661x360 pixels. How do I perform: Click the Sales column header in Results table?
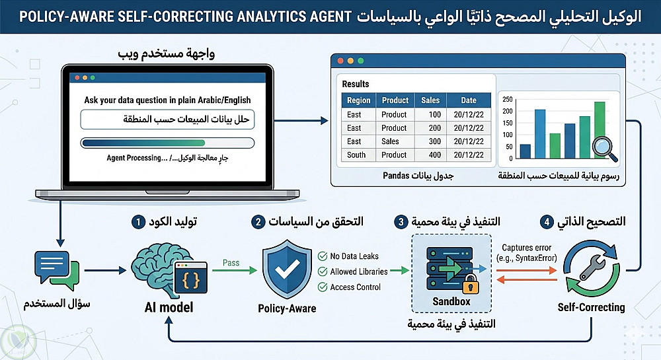pyautogui.click(x=430, y=100)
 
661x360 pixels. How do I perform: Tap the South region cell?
pyautogui.click(x=356, y=155)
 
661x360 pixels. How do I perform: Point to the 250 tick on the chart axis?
pyautogui.click(x=508, y=99)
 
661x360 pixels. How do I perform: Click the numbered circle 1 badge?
pyautogui.click(x=138, y=221)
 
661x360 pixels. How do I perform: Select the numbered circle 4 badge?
pyautogui.click(x=547, y=221)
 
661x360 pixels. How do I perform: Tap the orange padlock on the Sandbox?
pyautogui.click(x=471, y=284)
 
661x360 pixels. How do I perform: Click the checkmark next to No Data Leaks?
pyautogui.click(x=323, y=256)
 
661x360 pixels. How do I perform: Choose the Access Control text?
pyautogui.click(x=356, y=287)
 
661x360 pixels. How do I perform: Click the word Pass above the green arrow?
pyautogui.click(x=231, y=263)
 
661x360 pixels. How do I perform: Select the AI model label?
pyautogui.click(x=169, y=307)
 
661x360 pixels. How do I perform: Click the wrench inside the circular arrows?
pyautogui.click(x=592, y=268)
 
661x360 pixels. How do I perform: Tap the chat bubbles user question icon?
pyautogui.click(x=57, y=270)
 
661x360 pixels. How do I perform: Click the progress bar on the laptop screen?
pyautogui.click(x=167, y=143)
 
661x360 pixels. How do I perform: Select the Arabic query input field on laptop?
pyautogui.click(x=167, y=120)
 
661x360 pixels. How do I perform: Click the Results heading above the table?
pyautogui.click(x=356, y=84)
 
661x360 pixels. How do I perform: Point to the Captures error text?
pyautogui.click(x=527, y=248)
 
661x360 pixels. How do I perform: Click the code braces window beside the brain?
pyautogui.click(x=191, y=277)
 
